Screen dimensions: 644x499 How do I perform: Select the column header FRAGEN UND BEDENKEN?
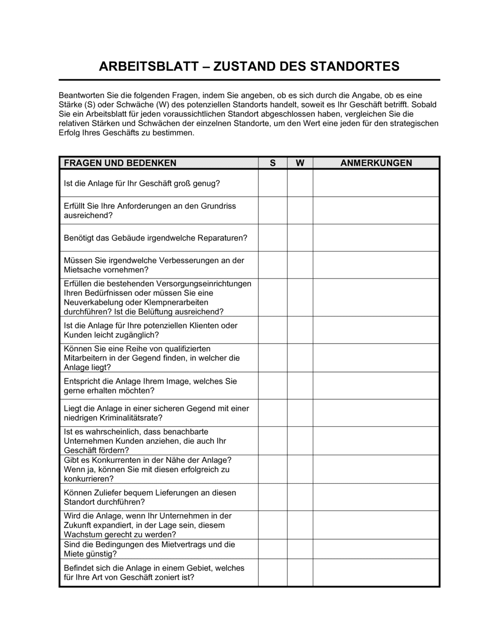pos(120,163)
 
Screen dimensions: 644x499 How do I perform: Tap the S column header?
pos(272,163)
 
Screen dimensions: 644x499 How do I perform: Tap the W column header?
pos(300,163)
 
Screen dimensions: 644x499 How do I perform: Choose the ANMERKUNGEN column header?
pos(376,163)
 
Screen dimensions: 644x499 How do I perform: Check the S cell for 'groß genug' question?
pos(272,183)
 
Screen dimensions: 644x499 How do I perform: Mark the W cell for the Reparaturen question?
pos(300,238)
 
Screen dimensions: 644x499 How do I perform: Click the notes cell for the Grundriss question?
pos(376,210)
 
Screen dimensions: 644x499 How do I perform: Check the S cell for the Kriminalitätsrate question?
pos(272,413)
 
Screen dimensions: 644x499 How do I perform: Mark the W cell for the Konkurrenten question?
pos(300,469)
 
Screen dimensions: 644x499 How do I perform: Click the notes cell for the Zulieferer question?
pos(376,497)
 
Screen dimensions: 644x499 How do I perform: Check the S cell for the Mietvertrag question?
pos(272,549)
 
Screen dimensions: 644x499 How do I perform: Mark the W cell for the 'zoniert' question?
pos(300,573)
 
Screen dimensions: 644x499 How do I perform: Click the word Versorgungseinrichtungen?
pos(204,284)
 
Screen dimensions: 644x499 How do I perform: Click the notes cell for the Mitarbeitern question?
pos(376,358)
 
